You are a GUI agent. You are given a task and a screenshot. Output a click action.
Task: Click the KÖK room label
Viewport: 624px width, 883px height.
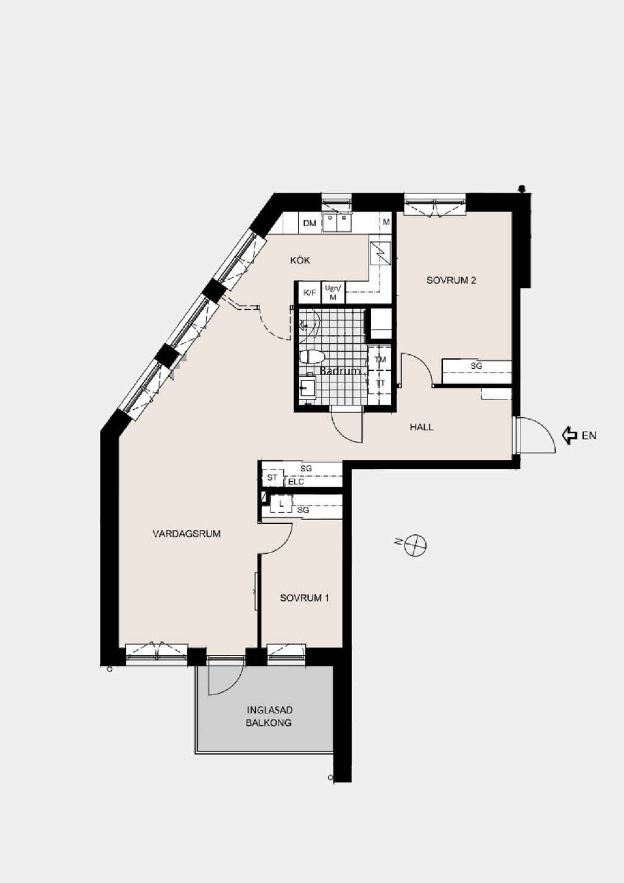click(300, 260)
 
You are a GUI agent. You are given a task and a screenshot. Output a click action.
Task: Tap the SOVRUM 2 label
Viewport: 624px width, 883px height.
click(451, 281)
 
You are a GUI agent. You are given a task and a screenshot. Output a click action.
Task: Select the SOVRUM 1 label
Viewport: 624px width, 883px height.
click(305, 598)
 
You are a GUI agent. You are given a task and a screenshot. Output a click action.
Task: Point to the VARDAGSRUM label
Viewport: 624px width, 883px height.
click(186, 534)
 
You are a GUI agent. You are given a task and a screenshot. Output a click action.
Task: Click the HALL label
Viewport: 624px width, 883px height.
click(422, 427)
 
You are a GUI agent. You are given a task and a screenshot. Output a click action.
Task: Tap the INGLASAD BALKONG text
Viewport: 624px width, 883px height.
click(269, 717)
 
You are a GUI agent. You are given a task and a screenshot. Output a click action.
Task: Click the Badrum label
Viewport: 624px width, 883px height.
click(339, 371)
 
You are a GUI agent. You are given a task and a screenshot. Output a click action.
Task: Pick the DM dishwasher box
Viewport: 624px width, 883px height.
click(310, 223)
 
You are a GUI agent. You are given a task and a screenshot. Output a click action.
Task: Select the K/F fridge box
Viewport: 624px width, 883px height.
click(310, 293)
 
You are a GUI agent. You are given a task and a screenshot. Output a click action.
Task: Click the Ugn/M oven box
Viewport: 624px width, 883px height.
click(333, 293)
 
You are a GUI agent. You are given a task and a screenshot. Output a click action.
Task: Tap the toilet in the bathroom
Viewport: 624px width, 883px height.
click(312, 357)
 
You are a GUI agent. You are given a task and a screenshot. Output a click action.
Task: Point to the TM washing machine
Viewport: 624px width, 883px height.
click(380, 359)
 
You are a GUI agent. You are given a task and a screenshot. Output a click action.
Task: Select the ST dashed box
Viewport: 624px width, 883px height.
click(272, 477)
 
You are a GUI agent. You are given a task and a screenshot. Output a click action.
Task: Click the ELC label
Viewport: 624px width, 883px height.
click(296, 482)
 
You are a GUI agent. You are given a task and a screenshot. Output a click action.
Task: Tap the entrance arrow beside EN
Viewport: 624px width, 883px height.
click(569, 435)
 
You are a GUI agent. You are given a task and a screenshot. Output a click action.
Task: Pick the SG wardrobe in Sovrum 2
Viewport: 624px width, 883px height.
click(477, 371)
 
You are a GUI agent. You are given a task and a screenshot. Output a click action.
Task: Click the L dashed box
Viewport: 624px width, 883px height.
click(281, 504)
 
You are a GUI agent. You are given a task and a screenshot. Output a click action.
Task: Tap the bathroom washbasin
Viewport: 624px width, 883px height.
click(307, 388)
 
